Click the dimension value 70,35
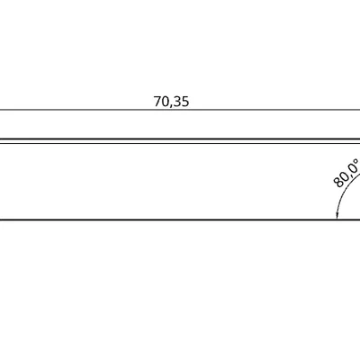[171, 102]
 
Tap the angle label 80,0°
[346, 173]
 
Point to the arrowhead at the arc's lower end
[337, 215]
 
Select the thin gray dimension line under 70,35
[180, 110]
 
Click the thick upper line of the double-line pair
[180, 139]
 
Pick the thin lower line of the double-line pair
[180, 143]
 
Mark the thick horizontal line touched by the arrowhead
[180, 220]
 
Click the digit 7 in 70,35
[157, 102]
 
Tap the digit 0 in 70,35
[166, 102]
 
